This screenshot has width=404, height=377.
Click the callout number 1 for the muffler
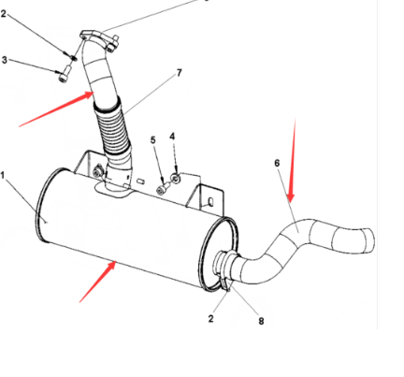point(5,175)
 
